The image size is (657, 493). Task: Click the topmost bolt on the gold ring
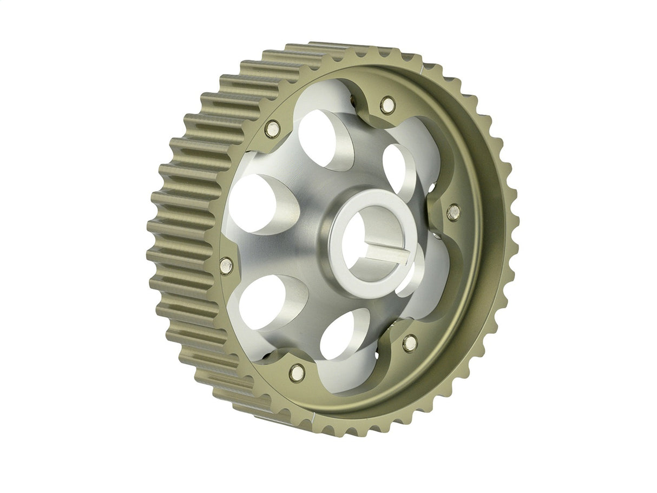[x=387, y=104]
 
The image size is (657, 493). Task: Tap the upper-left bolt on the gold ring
[x=272, y=129]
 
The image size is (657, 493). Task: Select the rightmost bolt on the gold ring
[x=453, y=212]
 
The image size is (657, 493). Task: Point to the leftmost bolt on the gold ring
[x=226, y=265]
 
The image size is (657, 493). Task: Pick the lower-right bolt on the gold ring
[x=410, y=343]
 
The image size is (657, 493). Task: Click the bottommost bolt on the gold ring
[x=297, y=372]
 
